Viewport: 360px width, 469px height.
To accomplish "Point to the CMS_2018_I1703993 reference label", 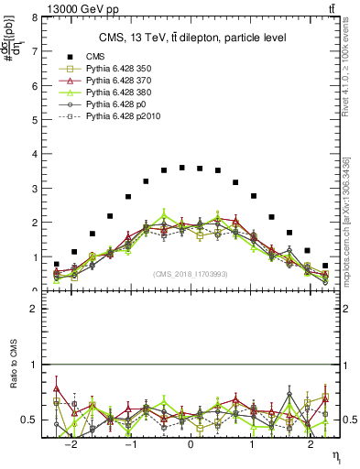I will (191, 274).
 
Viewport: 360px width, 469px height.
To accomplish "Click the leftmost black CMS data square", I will (57, 264).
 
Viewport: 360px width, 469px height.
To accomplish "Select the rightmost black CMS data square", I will (325, 266).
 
